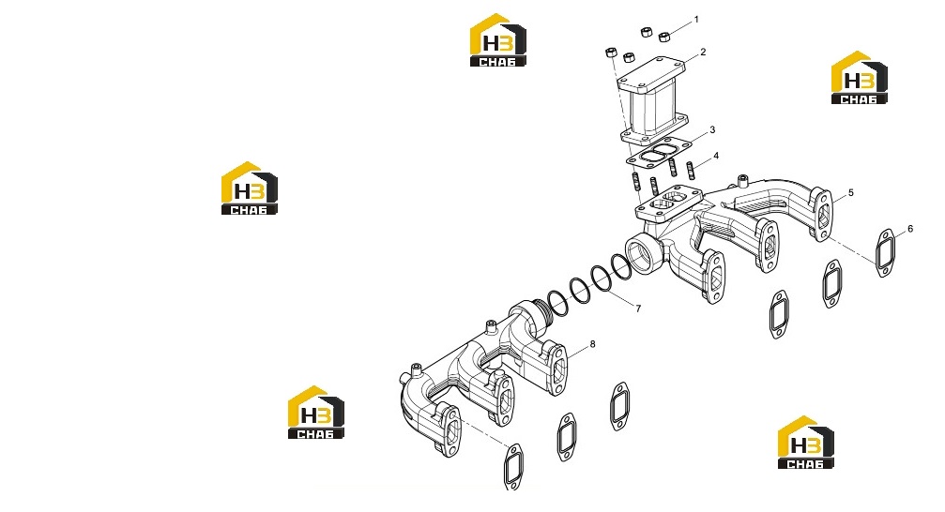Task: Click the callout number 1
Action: [x=696, y=20]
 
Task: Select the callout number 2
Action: [x=703, y=53]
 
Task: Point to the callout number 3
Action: [x=712, y=129]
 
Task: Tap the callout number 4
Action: [x=716, y=156]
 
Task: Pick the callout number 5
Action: [x=851, y=193]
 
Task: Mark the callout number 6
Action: [x=910, y=229]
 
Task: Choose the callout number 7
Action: [x=638, y=309]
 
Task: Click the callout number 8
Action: [x=592, y=344]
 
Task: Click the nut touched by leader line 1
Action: [x=664, y=37]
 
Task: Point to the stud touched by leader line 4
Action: [x=691, y=171]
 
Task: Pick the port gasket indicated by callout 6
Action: [x=885, y=253]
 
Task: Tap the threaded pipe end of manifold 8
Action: [x=543, y=318]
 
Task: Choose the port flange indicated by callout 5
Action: [x=822, y=215]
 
